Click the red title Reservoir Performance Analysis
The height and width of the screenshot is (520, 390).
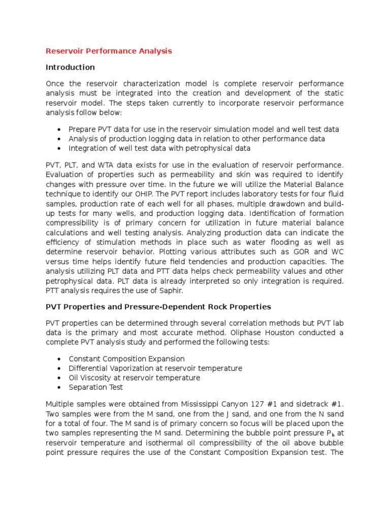109,51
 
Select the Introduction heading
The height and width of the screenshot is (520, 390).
70,67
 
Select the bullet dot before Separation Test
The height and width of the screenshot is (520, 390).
59,387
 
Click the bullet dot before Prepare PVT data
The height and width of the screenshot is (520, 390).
59,129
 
